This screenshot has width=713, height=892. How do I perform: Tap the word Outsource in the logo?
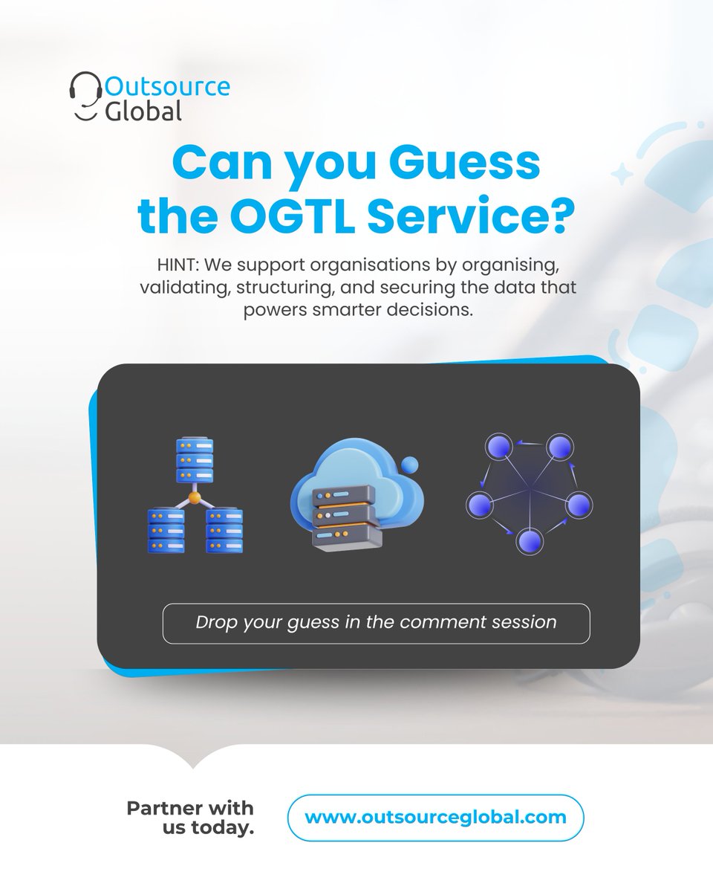[167, 85]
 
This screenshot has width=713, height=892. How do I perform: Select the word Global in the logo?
[143, 111]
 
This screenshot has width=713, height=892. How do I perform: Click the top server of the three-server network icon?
[195, 461]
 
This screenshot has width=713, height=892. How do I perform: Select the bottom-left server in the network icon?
[166, 529]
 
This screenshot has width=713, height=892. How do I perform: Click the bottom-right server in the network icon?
[224, 529]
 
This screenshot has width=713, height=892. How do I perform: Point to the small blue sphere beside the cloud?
[409, 465]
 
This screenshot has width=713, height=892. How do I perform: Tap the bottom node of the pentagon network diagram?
[528, 540]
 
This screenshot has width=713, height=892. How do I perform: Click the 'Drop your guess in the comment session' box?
[376, 623]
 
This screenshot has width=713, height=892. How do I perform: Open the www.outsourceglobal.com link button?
[435, 818]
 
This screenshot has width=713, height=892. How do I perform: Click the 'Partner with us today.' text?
[190, 818]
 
